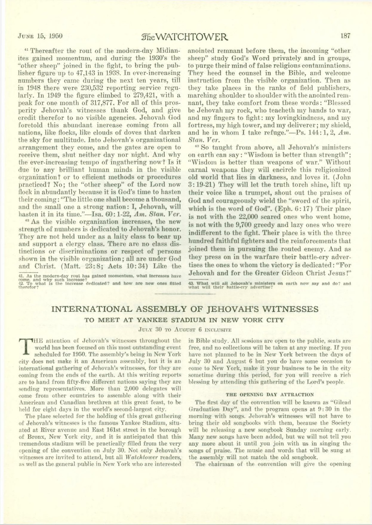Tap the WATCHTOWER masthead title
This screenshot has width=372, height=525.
[x=185, y=36]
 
